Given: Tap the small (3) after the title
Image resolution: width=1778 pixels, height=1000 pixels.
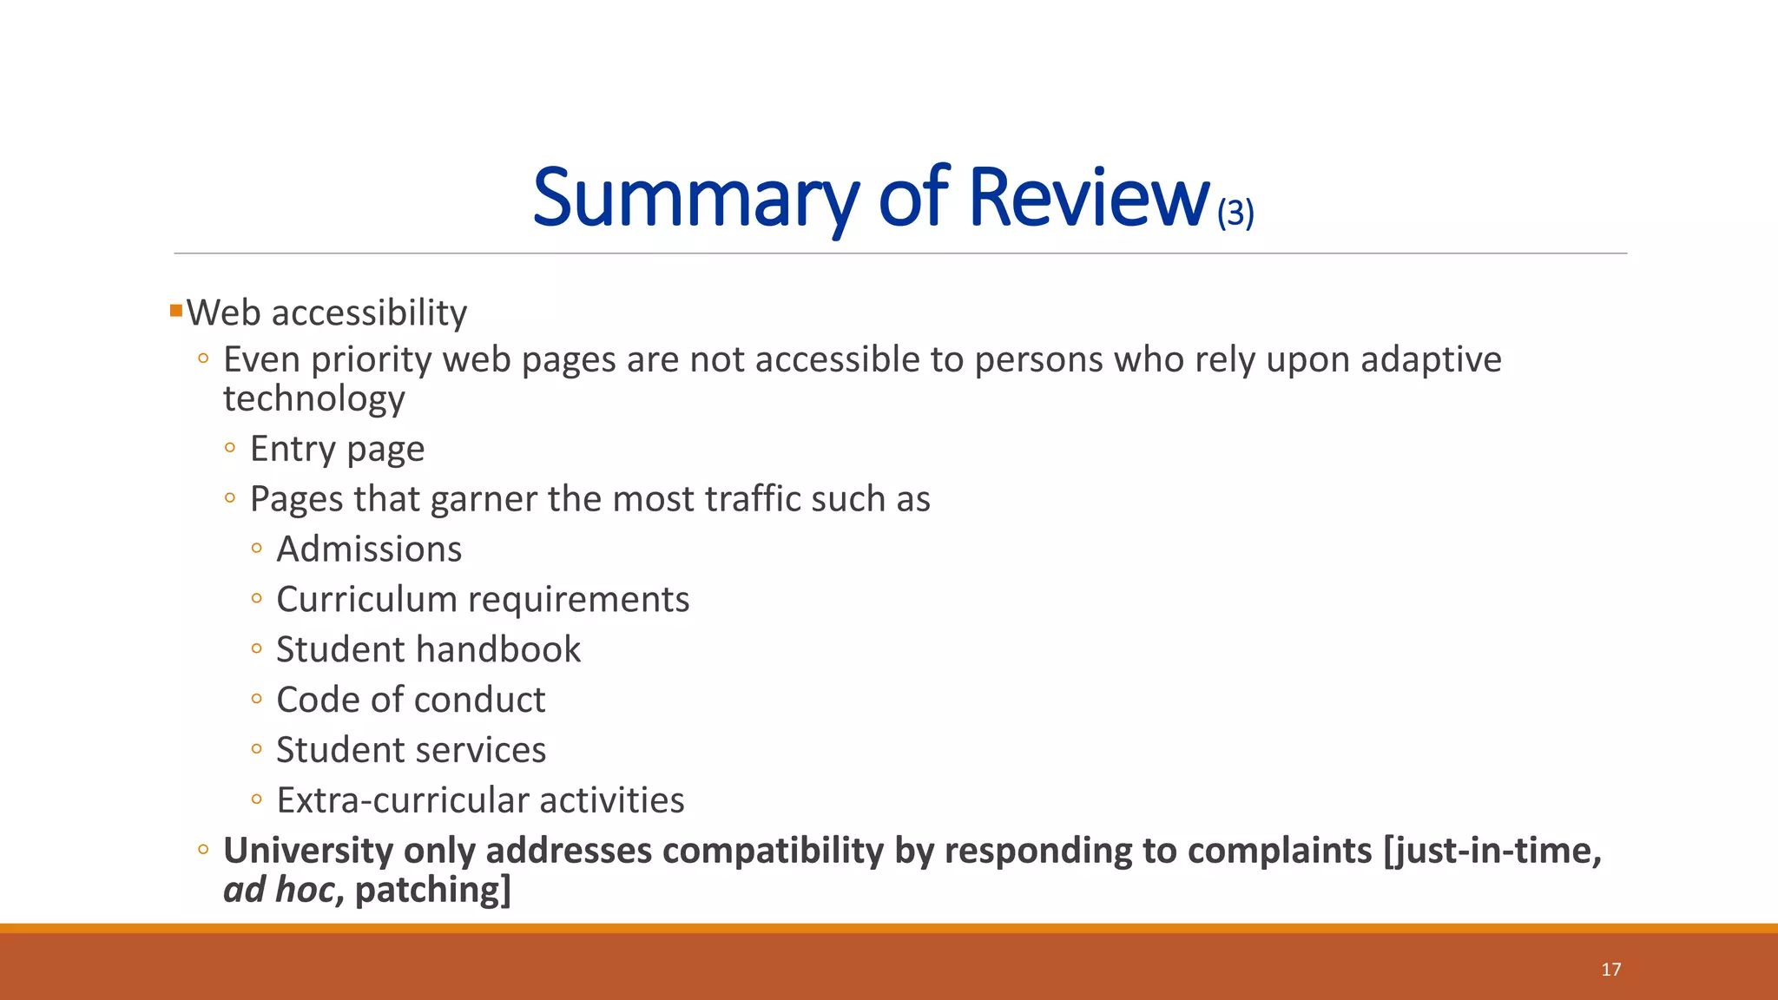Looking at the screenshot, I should (1235, 213).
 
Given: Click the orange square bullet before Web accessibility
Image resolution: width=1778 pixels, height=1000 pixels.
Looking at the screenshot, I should (176, 310).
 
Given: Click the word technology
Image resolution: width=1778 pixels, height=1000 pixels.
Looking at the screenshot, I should (314, 399).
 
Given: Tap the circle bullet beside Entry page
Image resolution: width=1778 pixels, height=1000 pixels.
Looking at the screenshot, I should (230, 448).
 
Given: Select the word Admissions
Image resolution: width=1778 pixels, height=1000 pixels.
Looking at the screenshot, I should (369, 549).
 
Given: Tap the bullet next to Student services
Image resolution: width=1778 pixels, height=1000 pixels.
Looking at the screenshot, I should (256, 749).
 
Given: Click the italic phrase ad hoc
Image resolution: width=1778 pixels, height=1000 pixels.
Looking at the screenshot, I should (278, 890).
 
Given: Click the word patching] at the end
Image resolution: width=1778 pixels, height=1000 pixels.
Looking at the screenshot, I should (433, 891).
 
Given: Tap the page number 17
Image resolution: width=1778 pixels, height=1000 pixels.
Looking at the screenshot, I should (1610, 970).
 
